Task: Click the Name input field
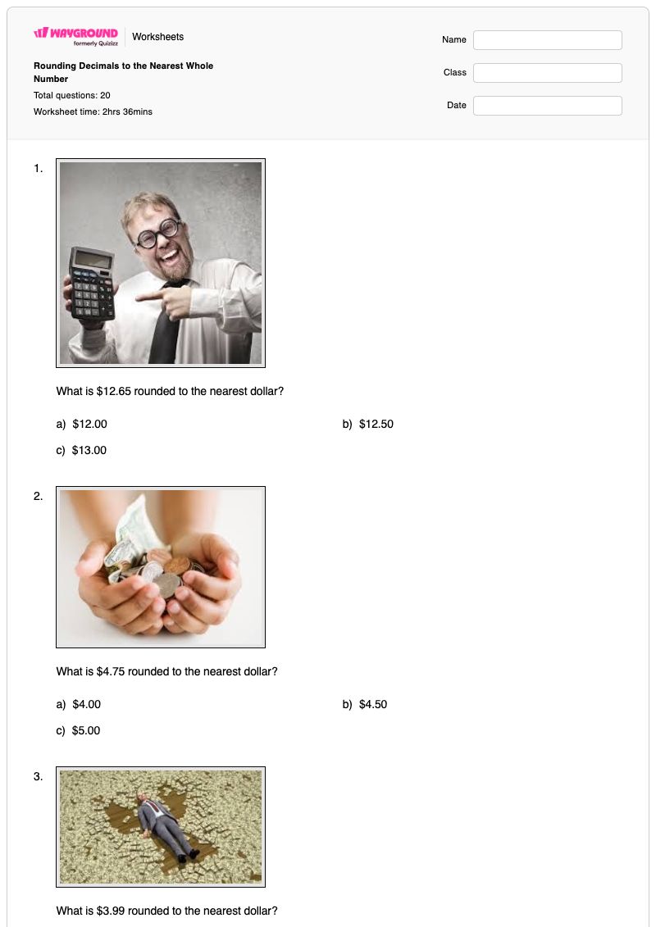(x=547, y=40)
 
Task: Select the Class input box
(x=547, y=73)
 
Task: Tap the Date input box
(x=547, y=106)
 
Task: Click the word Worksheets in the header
(x=158, y=37)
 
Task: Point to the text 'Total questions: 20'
(x=71, y=95)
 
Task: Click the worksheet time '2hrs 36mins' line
(x=93, y=111)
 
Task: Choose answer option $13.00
(x=89, y=450)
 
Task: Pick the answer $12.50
(x=376, y=424)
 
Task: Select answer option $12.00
(x=90, y=424)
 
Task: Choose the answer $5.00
(x=86, y=730)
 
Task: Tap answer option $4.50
(x=373, y=704)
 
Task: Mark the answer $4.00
(x=86, y=704)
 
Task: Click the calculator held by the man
(x=93, y=284)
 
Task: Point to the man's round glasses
(x=157, y=234)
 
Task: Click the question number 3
(x=38, y=776)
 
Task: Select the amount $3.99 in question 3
(x=111, y=911)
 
